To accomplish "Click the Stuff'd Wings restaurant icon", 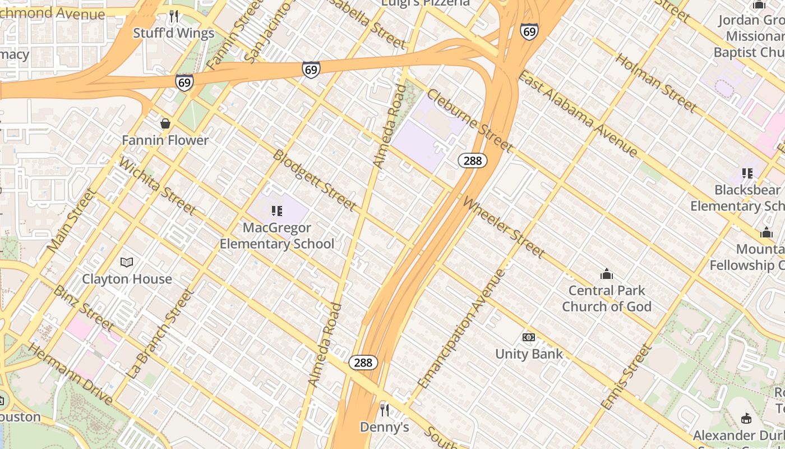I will pos(174,16).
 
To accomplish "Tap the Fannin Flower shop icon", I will pos(165,123).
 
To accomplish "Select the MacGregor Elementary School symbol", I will pos(276,211).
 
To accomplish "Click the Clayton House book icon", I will pos(127,262).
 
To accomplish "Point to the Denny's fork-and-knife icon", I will pos(384,410).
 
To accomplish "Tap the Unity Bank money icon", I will pos(528,337).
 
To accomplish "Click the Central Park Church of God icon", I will pos(606,274).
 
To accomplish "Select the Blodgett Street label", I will pos(314,180).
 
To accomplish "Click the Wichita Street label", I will pos(158,186).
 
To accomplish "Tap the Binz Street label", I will pos(84,308).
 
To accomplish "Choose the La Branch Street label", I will pos(160,333).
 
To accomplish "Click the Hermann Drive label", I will pos(71,375).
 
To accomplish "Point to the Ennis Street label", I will pos(626,377).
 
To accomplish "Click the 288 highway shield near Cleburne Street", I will pos(473,161).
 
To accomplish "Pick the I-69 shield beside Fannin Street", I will pos(184,83).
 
